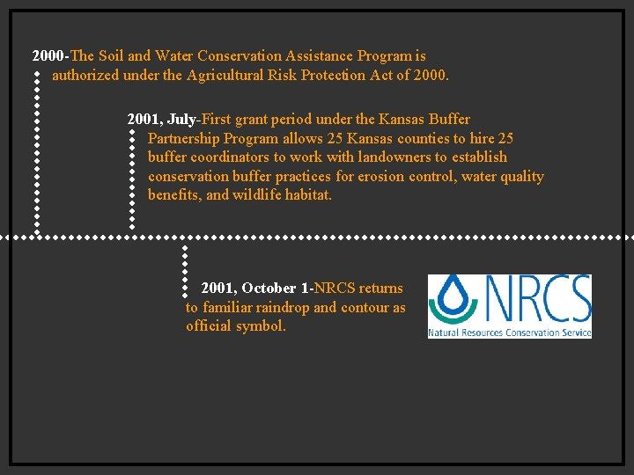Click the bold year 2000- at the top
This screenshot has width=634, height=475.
pyautogui.click(x=49, y=56)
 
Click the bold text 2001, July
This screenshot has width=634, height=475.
pyautogui.click(x=161, y=120)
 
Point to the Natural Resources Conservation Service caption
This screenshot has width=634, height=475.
pyautogui.click(x=509, y=332)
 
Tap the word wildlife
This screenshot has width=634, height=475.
pyautogui.click(x=258, y=195)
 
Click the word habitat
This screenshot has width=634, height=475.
pyautogui.click(x=309, y=195)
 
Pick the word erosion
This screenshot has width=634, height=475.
pyautogui.click(x=385, y=177)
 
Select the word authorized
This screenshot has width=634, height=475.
pyautogui.click(x=85, y=76)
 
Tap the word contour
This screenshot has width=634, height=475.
pyautogui.click(x=365, y=308)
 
